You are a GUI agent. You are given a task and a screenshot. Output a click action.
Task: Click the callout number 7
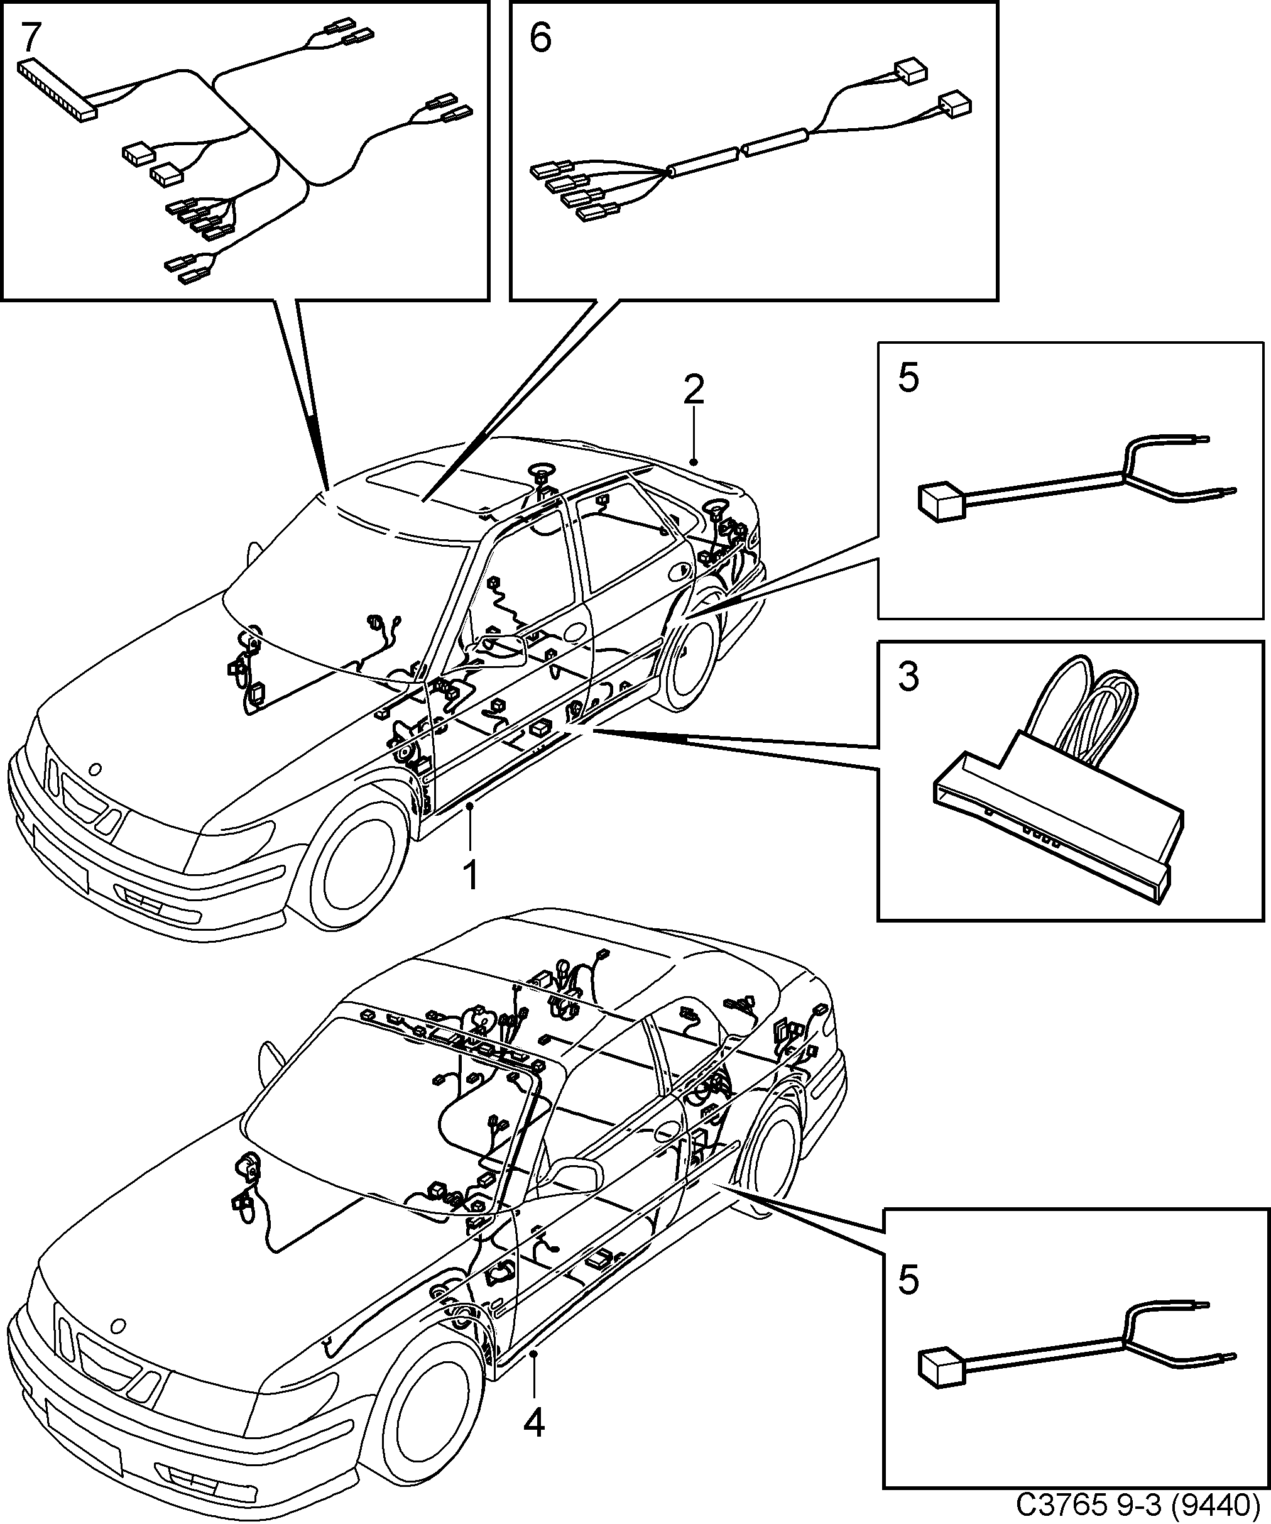[31, 38]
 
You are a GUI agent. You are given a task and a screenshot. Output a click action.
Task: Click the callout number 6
[540, 38]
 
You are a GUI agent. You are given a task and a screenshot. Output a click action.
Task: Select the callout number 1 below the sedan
[470, 875]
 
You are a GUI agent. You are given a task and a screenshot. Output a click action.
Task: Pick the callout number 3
[908, 677]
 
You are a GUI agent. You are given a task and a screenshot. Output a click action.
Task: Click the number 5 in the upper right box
[908, 378]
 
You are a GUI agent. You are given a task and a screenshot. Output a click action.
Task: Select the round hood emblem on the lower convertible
[116, 1324]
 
